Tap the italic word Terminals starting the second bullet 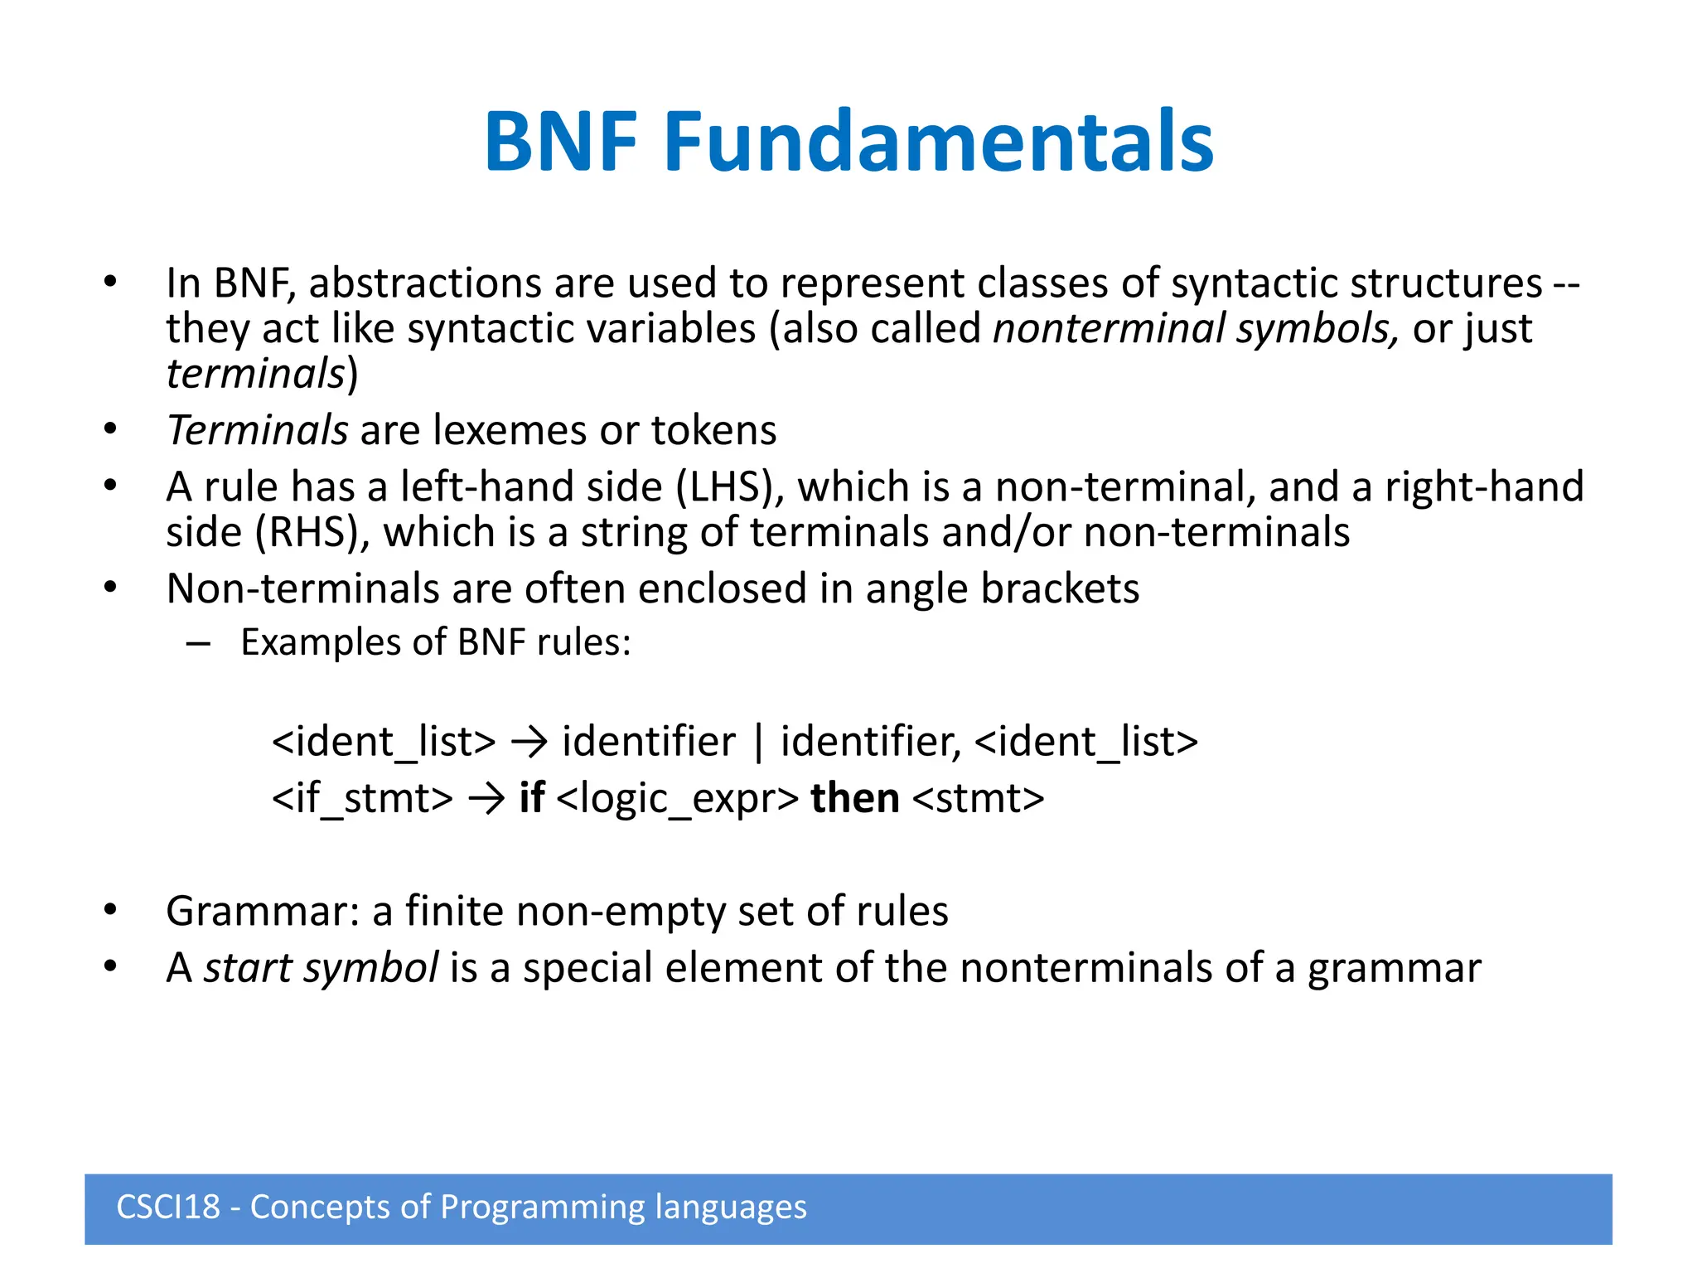point(257,430)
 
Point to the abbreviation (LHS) point(729,486)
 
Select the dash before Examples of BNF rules point(198,643)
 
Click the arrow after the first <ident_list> point(529,741)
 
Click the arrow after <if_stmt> point(486,799)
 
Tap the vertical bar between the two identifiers point(758,741)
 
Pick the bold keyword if point(531,798)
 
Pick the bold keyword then point(854,798)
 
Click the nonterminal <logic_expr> point(678,799)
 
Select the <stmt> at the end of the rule point(978,799)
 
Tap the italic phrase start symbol point(321,968)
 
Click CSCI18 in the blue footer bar point(168,1207)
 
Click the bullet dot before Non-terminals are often point(111,588)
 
